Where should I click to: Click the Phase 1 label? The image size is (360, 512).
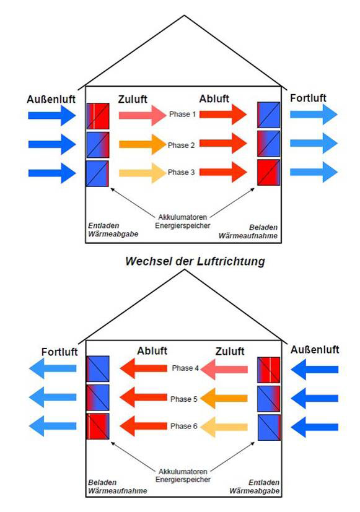coord(182,115)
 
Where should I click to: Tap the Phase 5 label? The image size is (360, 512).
coord(184,399)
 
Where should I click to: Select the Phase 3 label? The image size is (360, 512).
coord(182,172)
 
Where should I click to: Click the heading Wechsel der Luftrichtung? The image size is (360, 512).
coord(195,261)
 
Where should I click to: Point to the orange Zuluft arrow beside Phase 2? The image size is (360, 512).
coord(143,144)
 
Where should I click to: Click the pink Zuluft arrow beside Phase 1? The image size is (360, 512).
coord(143,115)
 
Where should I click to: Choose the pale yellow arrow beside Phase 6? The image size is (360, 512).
coord(224,427)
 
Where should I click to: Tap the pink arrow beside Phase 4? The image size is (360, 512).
coord(224,369)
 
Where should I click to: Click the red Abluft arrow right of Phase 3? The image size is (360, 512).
coord(223,172)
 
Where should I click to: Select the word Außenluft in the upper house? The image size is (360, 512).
coord(51,99)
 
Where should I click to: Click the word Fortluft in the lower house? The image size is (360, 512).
coord(59,352)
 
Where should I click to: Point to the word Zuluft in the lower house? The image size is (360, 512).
coord(230,352)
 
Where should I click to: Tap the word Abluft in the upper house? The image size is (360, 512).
coord(214,98)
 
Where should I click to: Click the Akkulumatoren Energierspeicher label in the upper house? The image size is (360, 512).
coord(183,221)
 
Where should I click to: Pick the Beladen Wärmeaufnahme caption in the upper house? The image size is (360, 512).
coord(248,232)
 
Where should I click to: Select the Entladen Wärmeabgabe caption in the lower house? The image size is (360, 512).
coord(255,487)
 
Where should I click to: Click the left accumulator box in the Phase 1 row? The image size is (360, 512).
coord(98,116)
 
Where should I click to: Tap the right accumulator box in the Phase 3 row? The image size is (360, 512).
coord(269,172)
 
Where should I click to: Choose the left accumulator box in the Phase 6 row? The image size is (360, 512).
coord(98,427)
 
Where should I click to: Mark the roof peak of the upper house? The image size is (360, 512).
coord(184,15)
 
